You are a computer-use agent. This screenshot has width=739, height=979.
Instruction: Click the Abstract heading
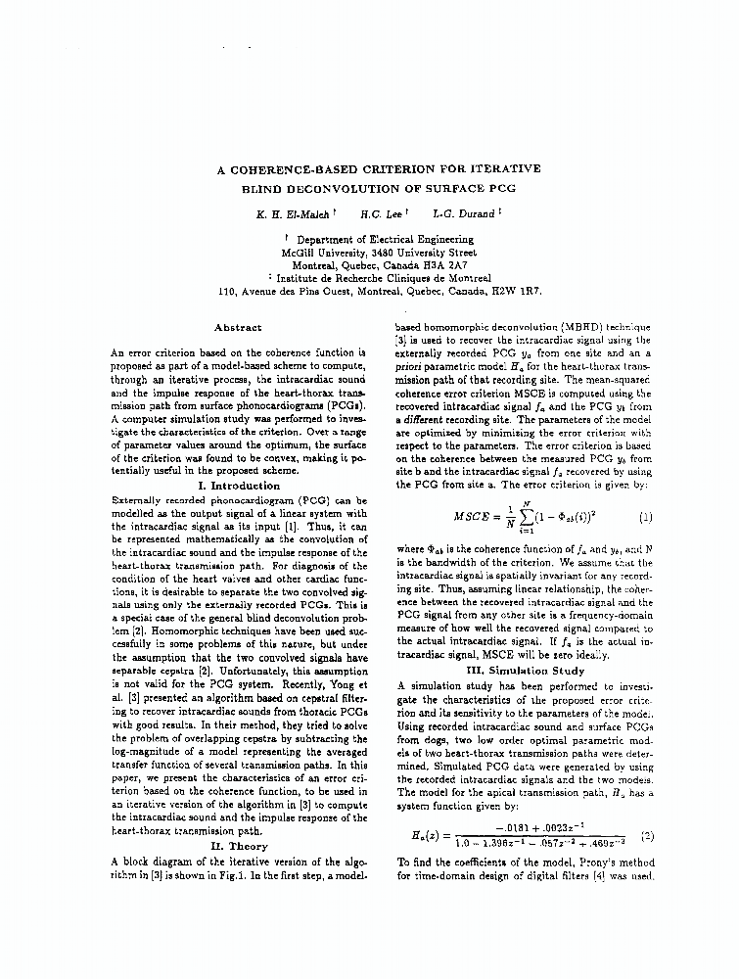tap(238, 327)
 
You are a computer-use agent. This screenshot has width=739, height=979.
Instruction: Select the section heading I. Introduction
tap(239, 486)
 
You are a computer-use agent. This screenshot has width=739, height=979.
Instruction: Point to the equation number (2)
tap(645, 836)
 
